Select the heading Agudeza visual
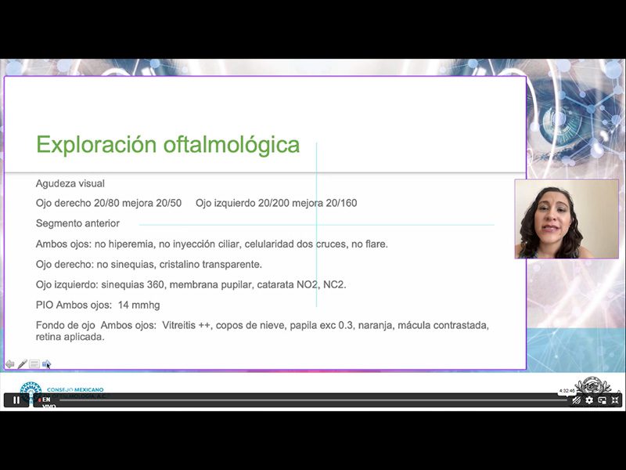(x=70, y=183)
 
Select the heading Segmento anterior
(x=77, y=223)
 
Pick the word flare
(x=376, y=244)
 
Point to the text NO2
(x=295, y=284)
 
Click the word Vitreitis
(x=182, y=325)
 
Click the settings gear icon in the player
(x=589, y=400)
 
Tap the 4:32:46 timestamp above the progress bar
(x=567, y=390)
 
